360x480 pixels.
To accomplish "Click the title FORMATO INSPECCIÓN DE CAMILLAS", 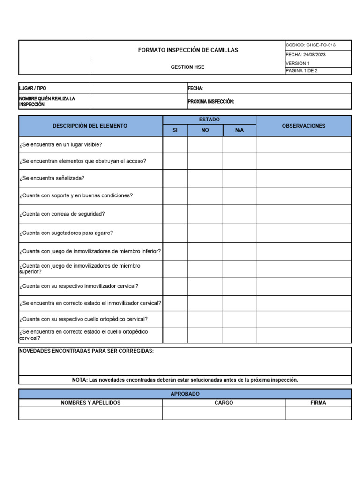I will point(187,50).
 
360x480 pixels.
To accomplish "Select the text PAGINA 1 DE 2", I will point(301,71).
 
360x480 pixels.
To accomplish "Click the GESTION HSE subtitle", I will point(187,67).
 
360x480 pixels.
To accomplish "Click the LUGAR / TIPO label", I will point(32,88).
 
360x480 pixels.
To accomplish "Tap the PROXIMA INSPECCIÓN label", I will point(211,102).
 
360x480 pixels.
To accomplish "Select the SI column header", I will point(175,130).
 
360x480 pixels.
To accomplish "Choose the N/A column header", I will point(239,130).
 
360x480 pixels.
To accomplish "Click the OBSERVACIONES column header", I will point(303,126).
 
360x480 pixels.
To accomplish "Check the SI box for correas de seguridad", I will point(175,214).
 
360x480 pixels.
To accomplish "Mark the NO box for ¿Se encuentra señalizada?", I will point(205,178).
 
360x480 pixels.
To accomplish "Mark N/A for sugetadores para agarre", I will point(239,233).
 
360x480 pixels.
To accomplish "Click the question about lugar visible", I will point(60,144).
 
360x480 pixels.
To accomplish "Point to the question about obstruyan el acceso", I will point(82,161).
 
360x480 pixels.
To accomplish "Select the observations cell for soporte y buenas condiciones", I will point(303,195).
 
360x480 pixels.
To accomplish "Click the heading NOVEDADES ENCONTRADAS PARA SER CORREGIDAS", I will point(86,351).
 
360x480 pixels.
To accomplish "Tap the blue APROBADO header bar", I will point(185,394).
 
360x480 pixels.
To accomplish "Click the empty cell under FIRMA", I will point(318,413).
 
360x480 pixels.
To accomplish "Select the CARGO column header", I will point(224,403).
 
